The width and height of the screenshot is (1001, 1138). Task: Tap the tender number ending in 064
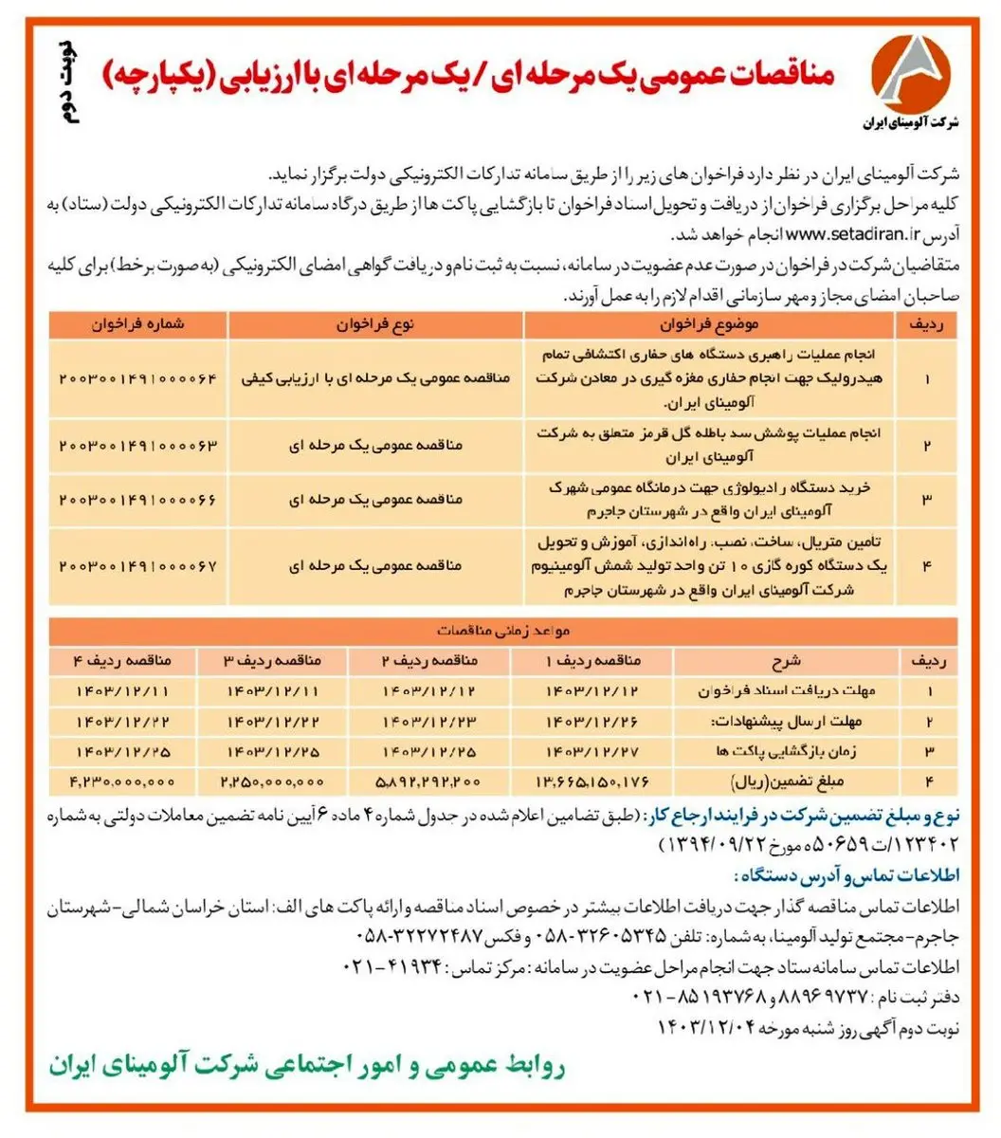coord(138,377)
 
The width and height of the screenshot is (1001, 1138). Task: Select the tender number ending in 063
coord(138,444)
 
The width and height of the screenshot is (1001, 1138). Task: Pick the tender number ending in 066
coord(138,498)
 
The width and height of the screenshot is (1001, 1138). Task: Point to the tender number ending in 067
coord(138,565)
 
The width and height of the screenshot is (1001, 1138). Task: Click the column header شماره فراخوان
coord(138,324)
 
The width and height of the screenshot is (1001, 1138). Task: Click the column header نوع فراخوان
coord(375,324)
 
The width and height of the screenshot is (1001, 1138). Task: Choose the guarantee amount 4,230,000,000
coord(122,781)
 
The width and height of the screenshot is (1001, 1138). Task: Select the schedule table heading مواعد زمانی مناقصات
coord(502,629)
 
